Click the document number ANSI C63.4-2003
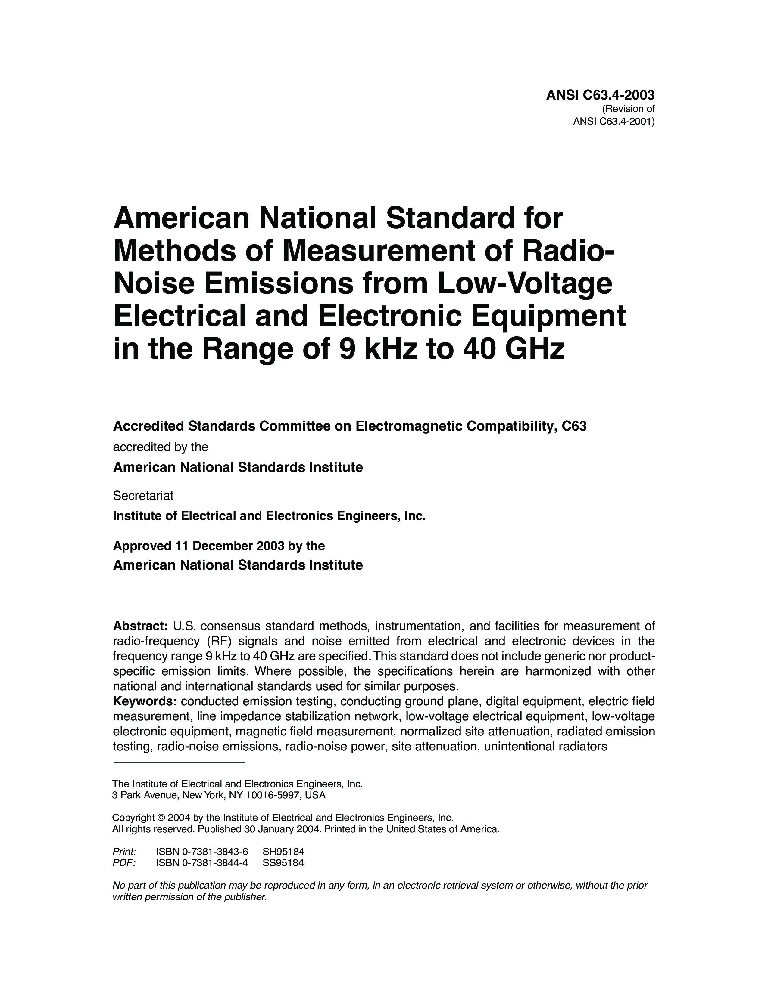pos(600,95)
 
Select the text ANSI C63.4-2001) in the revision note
pos(613,121)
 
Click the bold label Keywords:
pos(145,701)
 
